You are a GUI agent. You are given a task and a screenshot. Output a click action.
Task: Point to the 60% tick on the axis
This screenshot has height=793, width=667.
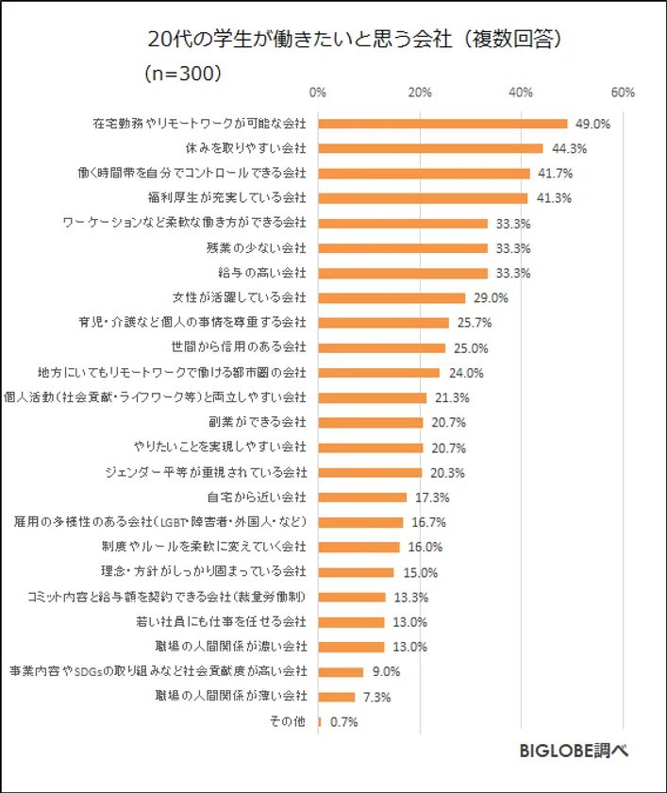623,93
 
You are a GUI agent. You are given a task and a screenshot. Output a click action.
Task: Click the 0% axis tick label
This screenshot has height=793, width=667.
318,93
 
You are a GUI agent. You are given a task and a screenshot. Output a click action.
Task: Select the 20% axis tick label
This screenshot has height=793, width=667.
420,93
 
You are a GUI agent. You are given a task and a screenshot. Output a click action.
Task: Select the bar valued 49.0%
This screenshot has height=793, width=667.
443,124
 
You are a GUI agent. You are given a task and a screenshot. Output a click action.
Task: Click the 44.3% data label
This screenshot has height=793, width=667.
568,148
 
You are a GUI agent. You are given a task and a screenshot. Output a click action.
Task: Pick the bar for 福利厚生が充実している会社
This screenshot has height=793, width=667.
424,198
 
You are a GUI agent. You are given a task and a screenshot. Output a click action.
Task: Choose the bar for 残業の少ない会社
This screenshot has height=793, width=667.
403,248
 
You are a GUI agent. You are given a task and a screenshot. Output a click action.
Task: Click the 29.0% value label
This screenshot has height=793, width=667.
491,297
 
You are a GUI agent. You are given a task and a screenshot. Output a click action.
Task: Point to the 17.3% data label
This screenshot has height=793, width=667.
431,497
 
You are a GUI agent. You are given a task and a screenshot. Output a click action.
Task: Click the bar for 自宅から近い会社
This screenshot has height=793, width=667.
363,497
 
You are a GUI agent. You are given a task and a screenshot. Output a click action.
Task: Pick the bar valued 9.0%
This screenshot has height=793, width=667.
342,672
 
